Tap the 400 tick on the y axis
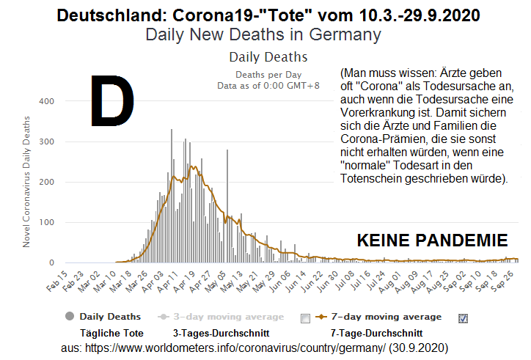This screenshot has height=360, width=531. click(x=45, y=101)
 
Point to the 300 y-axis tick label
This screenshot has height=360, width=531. click(x=45, y=142)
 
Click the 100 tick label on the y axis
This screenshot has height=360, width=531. click(x=45, y=222)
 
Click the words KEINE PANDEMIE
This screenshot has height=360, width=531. click(x=432, y=240)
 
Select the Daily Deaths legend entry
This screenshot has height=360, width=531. click(x=109, y=317)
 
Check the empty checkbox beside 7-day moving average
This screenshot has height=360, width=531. click(x=306, y=318)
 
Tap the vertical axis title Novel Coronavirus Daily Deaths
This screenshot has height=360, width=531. click(x=27, y=180)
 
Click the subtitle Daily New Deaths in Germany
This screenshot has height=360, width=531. click(x=263, y=34)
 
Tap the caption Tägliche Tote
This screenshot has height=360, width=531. click(x=111, y=333)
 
